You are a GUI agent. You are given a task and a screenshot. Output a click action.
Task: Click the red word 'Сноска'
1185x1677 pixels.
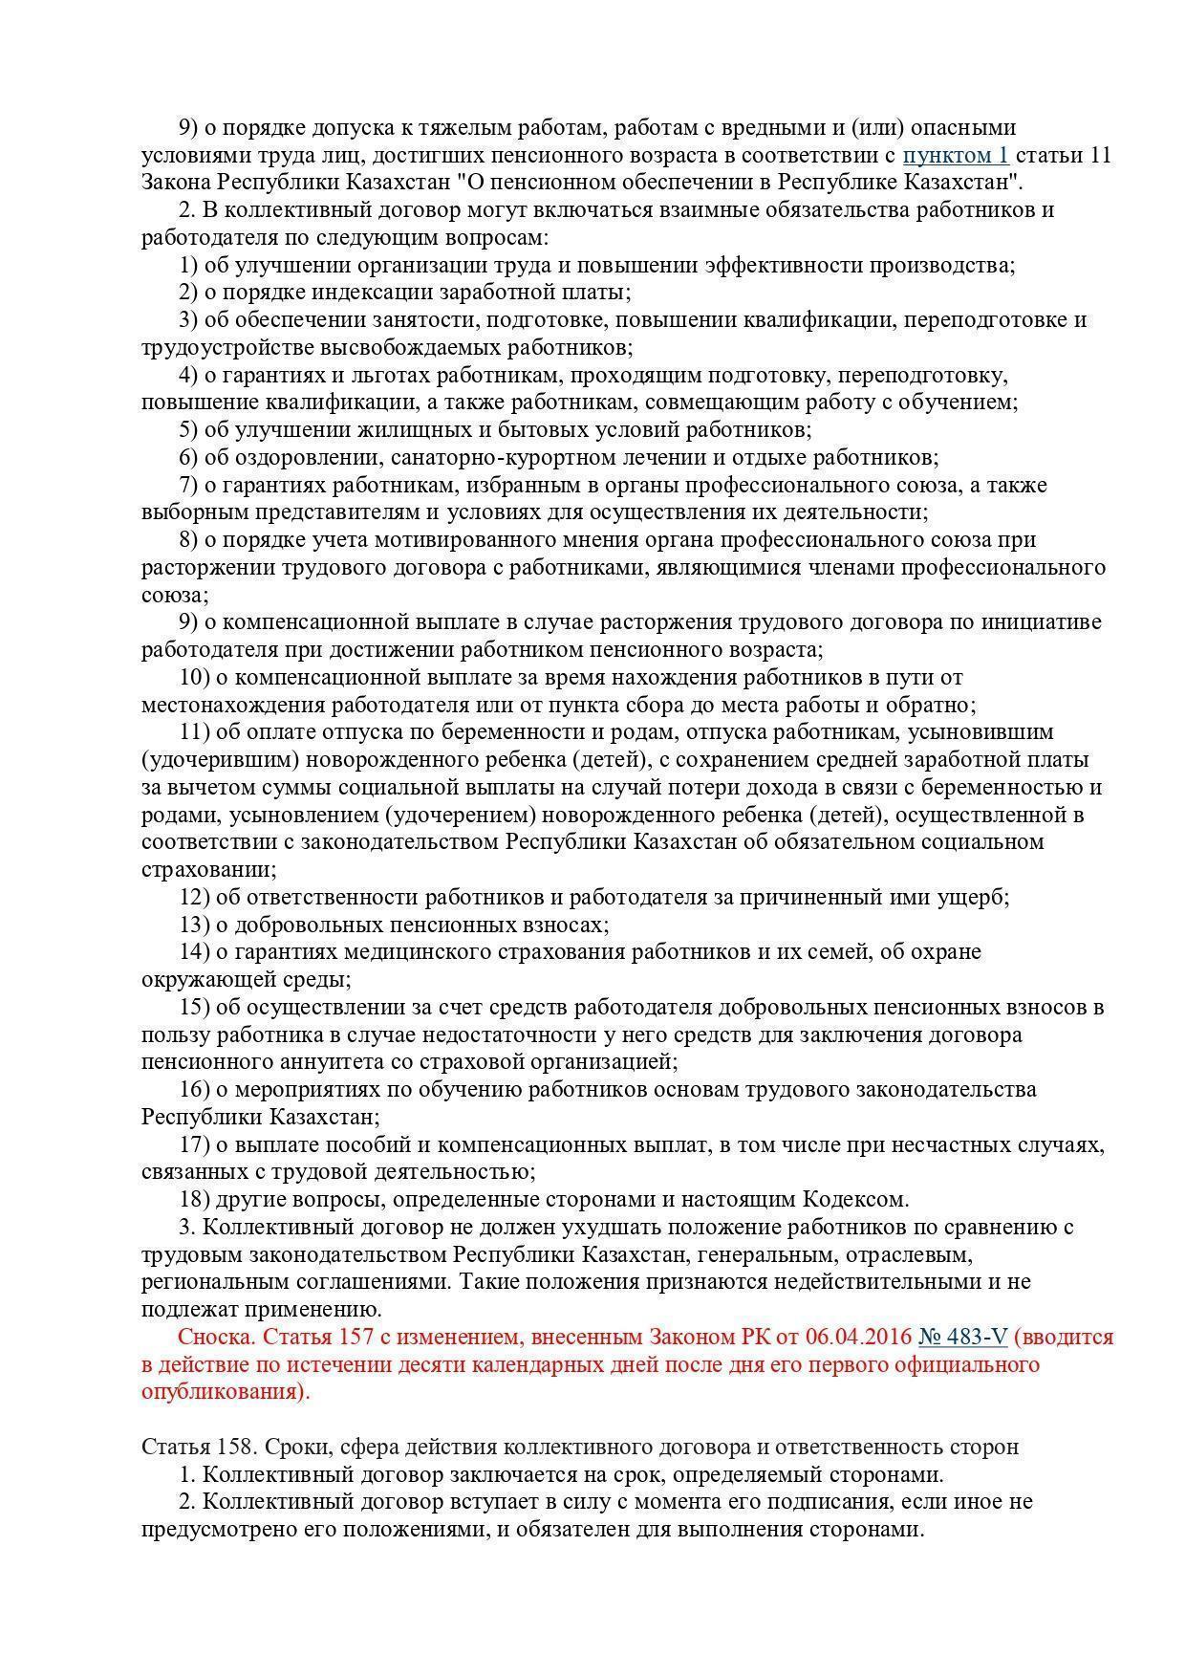216,1337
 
